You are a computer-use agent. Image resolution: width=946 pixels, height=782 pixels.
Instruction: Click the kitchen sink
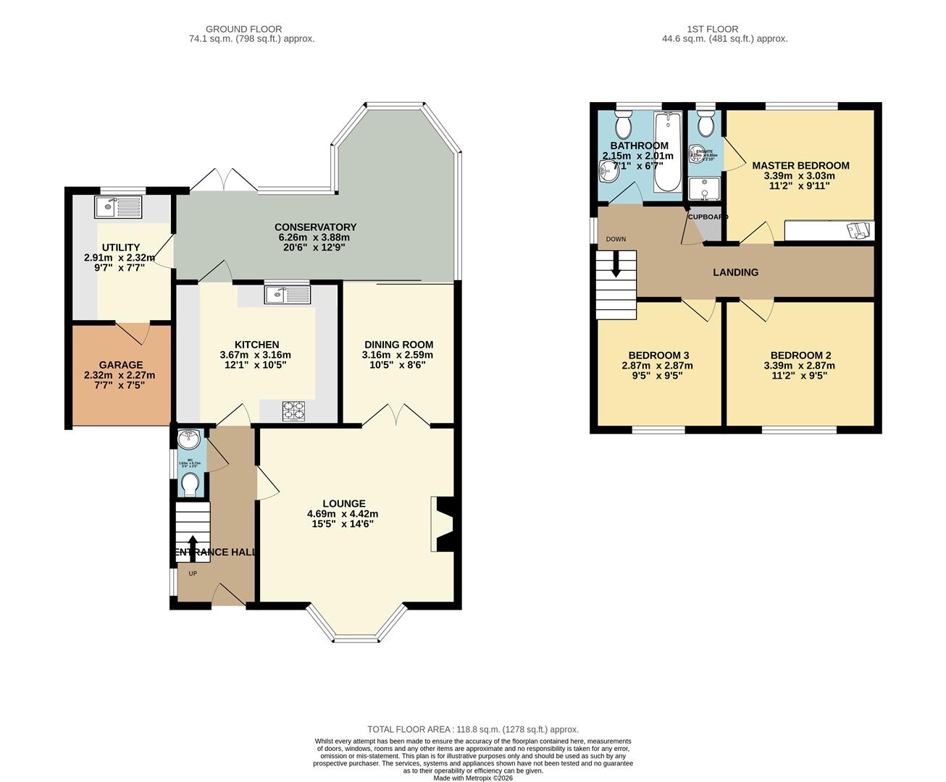click(287, 294)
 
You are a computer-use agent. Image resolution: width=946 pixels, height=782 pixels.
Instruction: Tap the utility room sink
click(117, 207)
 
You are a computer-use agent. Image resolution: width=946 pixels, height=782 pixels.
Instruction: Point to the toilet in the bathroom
click(623, 125)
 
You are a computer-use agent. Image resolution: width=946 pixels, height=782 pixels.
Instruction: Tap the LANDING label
click(735, 272)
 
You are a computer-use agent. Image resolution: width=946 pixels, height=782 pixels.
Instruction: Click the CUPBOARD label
click(708, 217)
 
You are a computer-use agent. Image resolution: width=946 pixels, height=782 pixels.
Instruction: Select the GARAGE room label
click(121, 365)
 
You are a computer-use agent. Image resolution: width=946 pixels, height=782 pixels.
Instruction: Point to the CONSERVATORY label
click(315, 227)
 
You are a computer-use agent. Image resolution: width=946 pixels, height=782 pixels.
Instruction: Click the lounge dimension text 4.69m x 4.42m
click(343, 514)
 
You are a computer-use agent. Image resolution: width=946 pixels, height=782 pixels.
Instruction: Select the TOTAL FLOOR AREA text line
click(473, 730)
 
